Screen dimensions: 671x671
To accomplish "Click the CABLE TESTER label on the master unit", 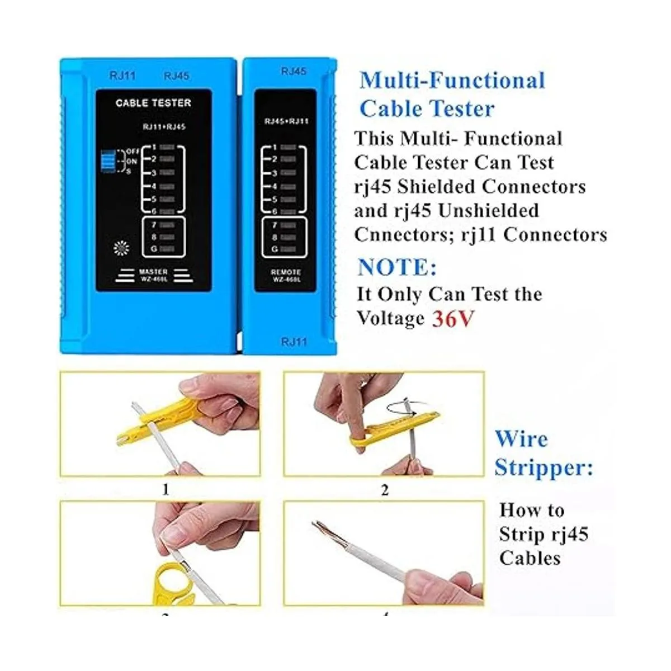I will [x=153, y=103].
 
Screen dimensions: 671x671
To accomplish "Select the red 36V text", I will [x=453, y=319].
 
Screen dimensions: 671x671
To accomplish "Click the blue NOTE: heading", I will [x=397, y=267].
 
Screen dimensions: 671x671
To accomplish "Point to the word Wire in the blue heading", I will [x=521, y=439].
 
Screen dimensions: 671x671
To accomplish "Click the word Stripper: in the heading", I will [x=544, y=467].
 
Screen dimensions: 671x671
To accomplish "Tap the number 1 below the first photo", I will [x=165, y=490].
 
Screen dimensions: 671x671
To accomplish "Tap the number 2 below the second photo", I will [x=384, y=490].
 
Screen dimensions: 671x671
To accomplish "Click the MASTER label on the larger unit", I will [x=153, y=272].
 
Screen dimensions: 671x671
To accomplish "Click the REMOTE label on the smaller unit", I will [x=286, y=272].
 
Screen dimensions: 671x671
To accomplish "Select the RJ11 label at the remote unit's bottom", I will [x=294, y=342].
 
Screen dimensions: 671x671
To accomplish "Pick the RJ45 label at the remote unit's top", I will [x=294, y=72].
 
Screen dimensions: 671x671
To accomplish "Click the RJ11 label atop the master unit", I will [x=122, y=75].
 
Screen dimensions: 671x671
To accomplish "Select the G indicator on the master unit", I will [x=160, y=249].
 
